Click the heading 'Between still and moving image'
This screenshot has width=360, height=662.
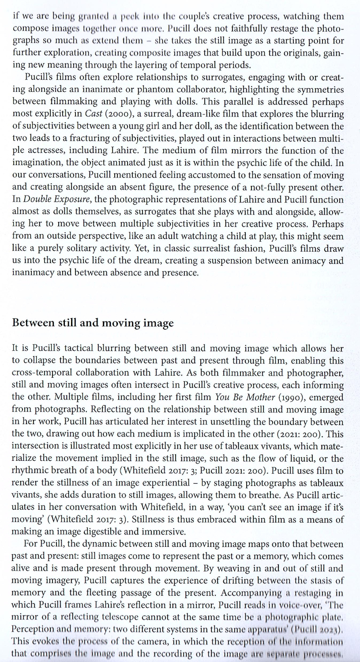tap(93, 323)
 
